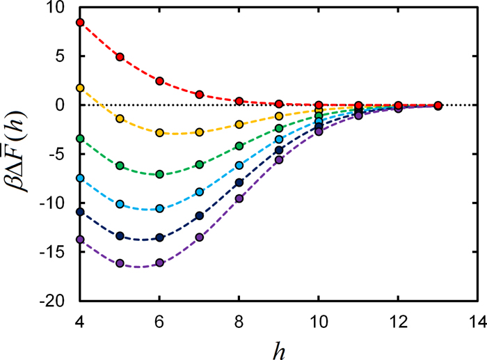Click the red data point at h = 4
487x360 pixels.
pos(80,22)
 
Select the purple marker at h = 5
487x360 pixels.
pos(120,263)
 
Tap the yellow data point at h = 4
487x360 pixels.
pos(80,88)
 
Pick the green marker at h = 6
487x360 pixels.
pos(159,174)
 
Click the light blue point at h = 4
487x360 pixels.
pos(80,178)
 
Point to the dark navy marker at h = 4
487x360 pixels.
pos(80,212)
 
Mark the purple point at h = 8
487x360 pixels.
pos(239,198)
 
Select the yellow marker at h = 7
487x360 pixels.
pos(200,132)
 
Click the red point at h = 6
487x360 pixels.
pos(159,81)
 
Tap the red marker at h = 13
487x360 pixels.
pos(438,105)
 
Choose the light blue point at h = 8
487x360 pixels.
pos(239,165)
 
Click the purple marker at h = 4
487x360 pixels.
pos(80,239)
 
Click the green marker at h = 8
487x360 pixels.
pos(239,146)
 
